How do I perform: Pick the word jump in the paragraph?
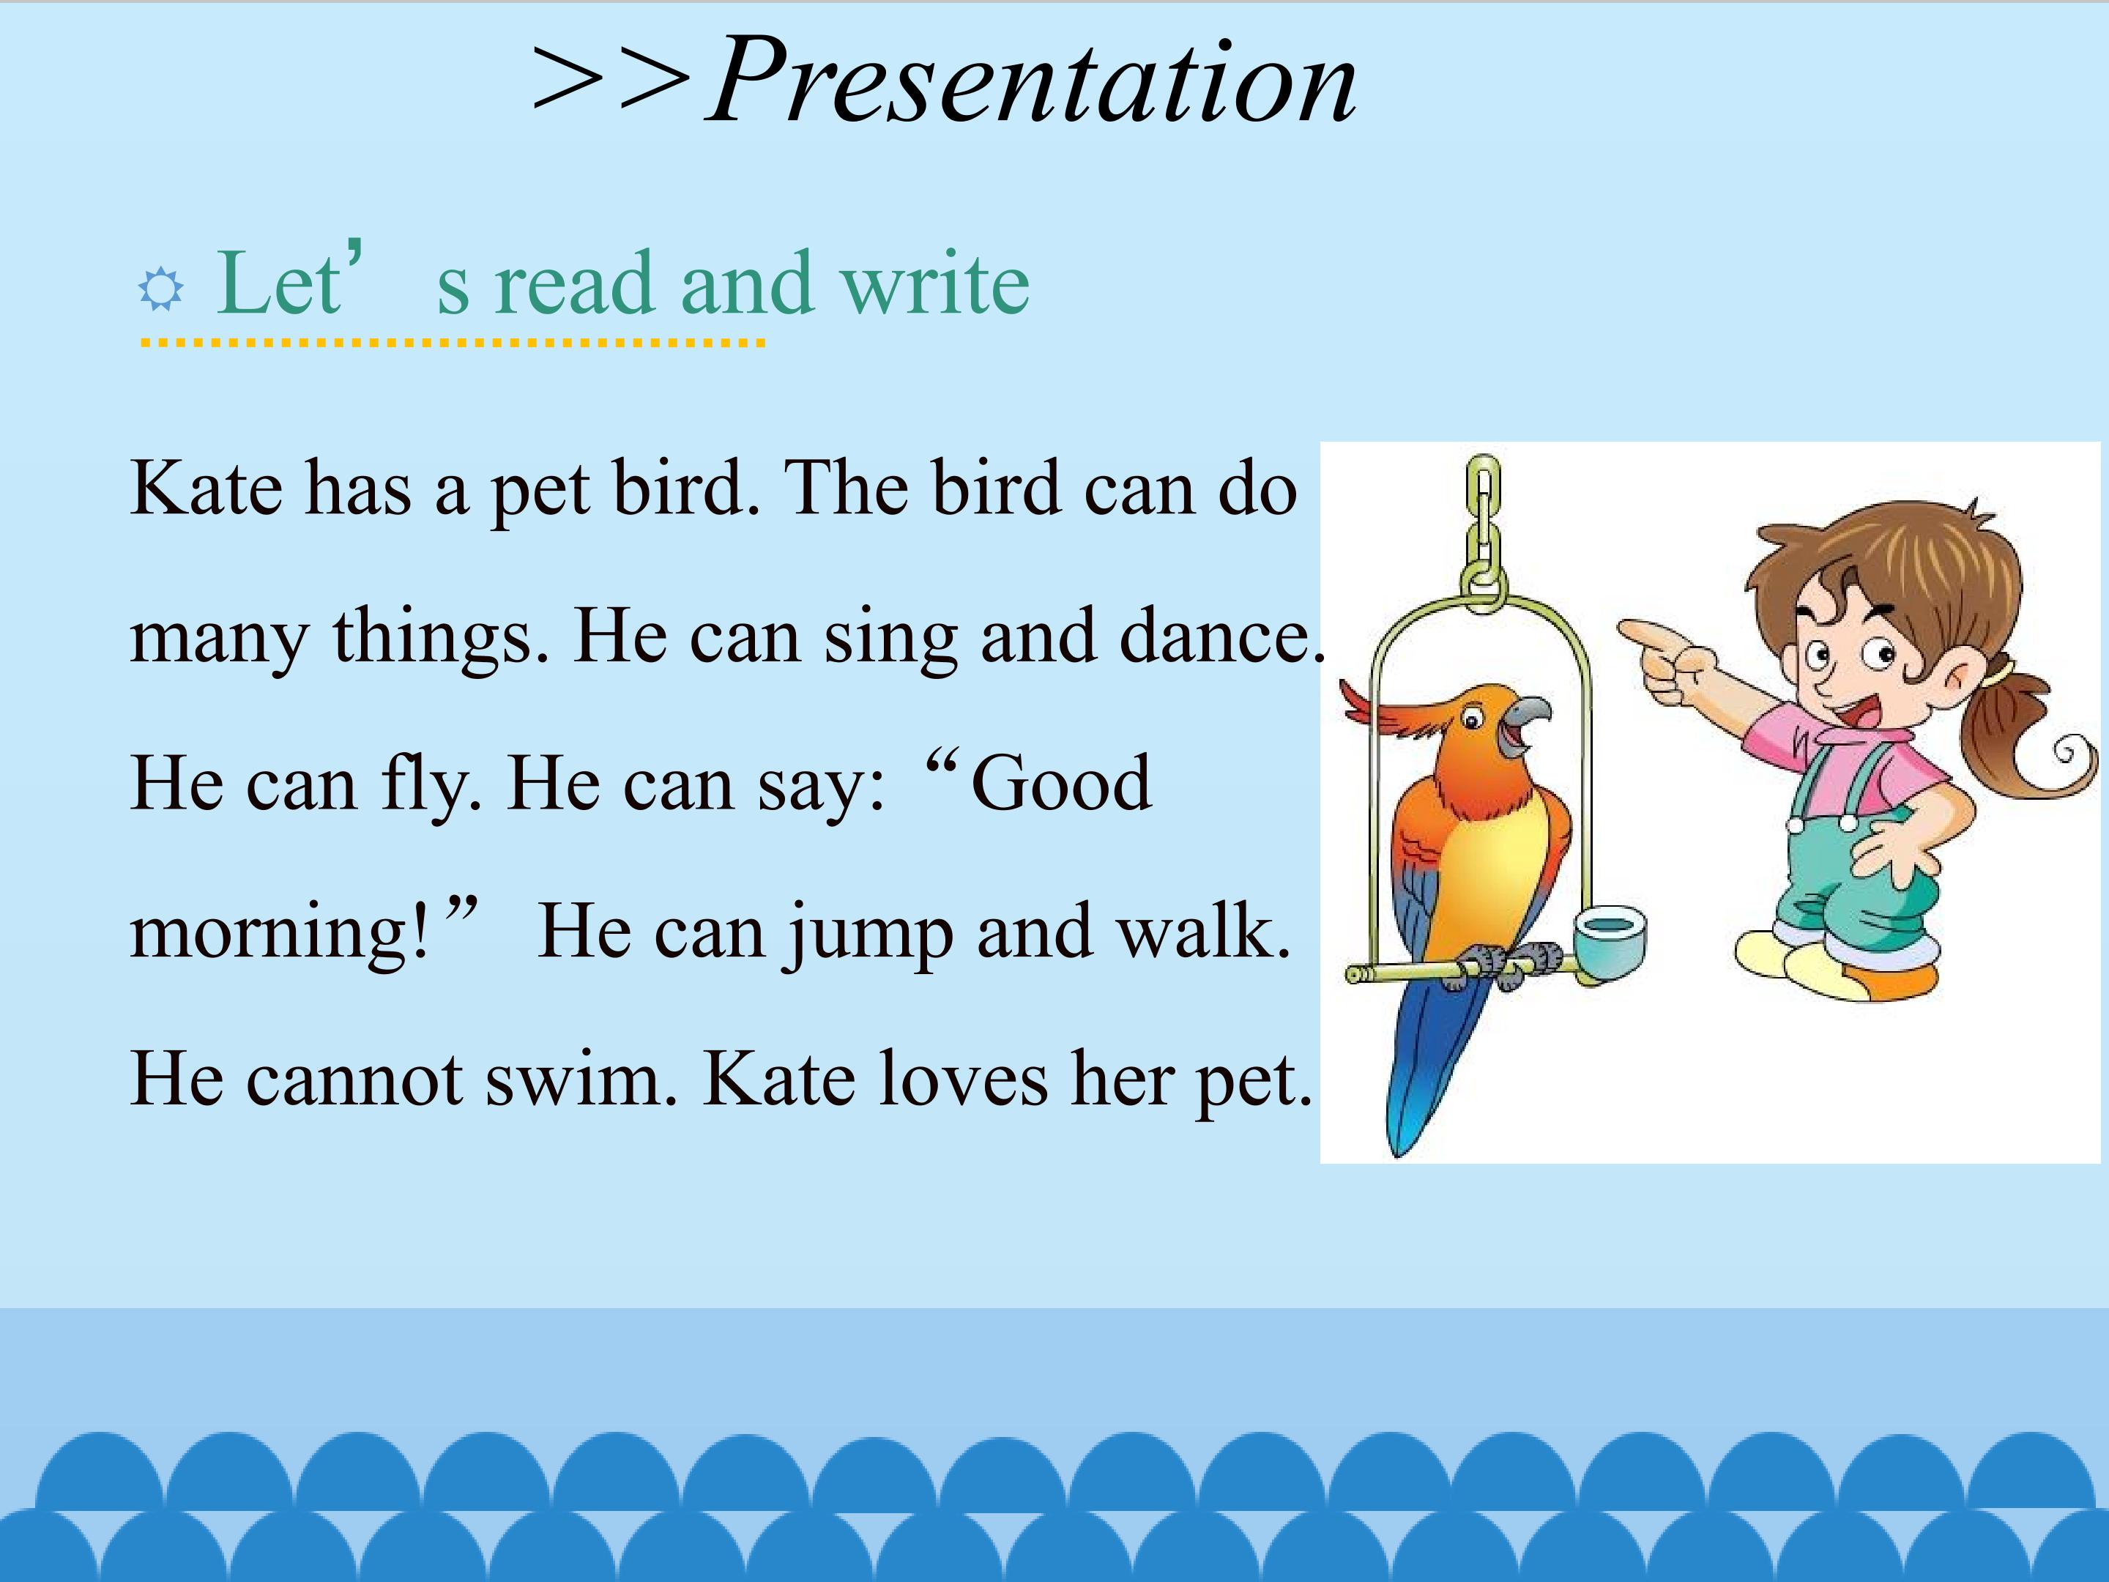click(x=871, y=932)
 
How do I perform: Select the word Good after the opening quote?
click(x=1060, y=783)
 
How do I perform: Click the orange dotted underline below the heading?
click(x=453, y=341)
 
